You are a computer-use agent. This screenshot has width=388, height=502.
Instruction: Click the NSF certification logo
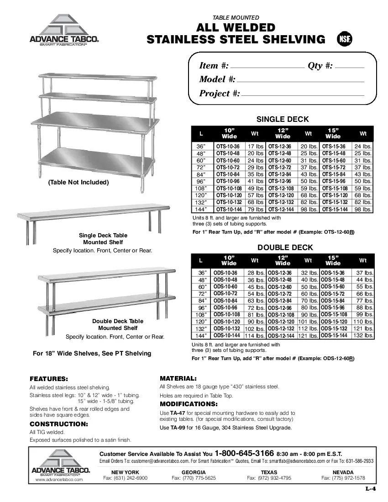(x=345, y=39)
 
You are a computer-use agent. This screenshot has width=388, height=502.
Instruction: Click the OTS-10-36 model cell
(x=228, y=146)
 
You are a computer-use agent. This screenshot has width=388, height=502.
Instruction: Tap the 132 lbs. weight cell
(x=364, y=335)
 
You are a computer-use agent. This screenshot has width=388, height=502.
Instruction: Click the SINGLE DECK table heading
(x=283, y=120)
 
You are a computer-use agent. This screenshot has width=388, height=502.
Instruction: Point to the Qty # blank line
(x=350, y=67)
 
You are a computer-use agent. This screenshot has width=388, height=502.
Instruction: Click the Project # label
(x=219, y=94)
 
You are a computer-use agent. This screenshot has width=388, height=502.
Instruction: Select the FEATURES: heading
(x=49, y=379)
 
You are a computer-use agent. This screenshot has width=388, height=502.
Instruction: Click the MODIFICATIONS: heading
(x=189, y=404)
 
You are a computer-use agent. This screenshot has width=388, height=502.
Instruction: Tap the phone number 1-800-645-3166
(x=244, y=453)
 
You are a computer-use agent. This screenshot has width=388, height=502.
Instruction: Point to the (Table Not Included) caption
(x=78, y=182)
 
